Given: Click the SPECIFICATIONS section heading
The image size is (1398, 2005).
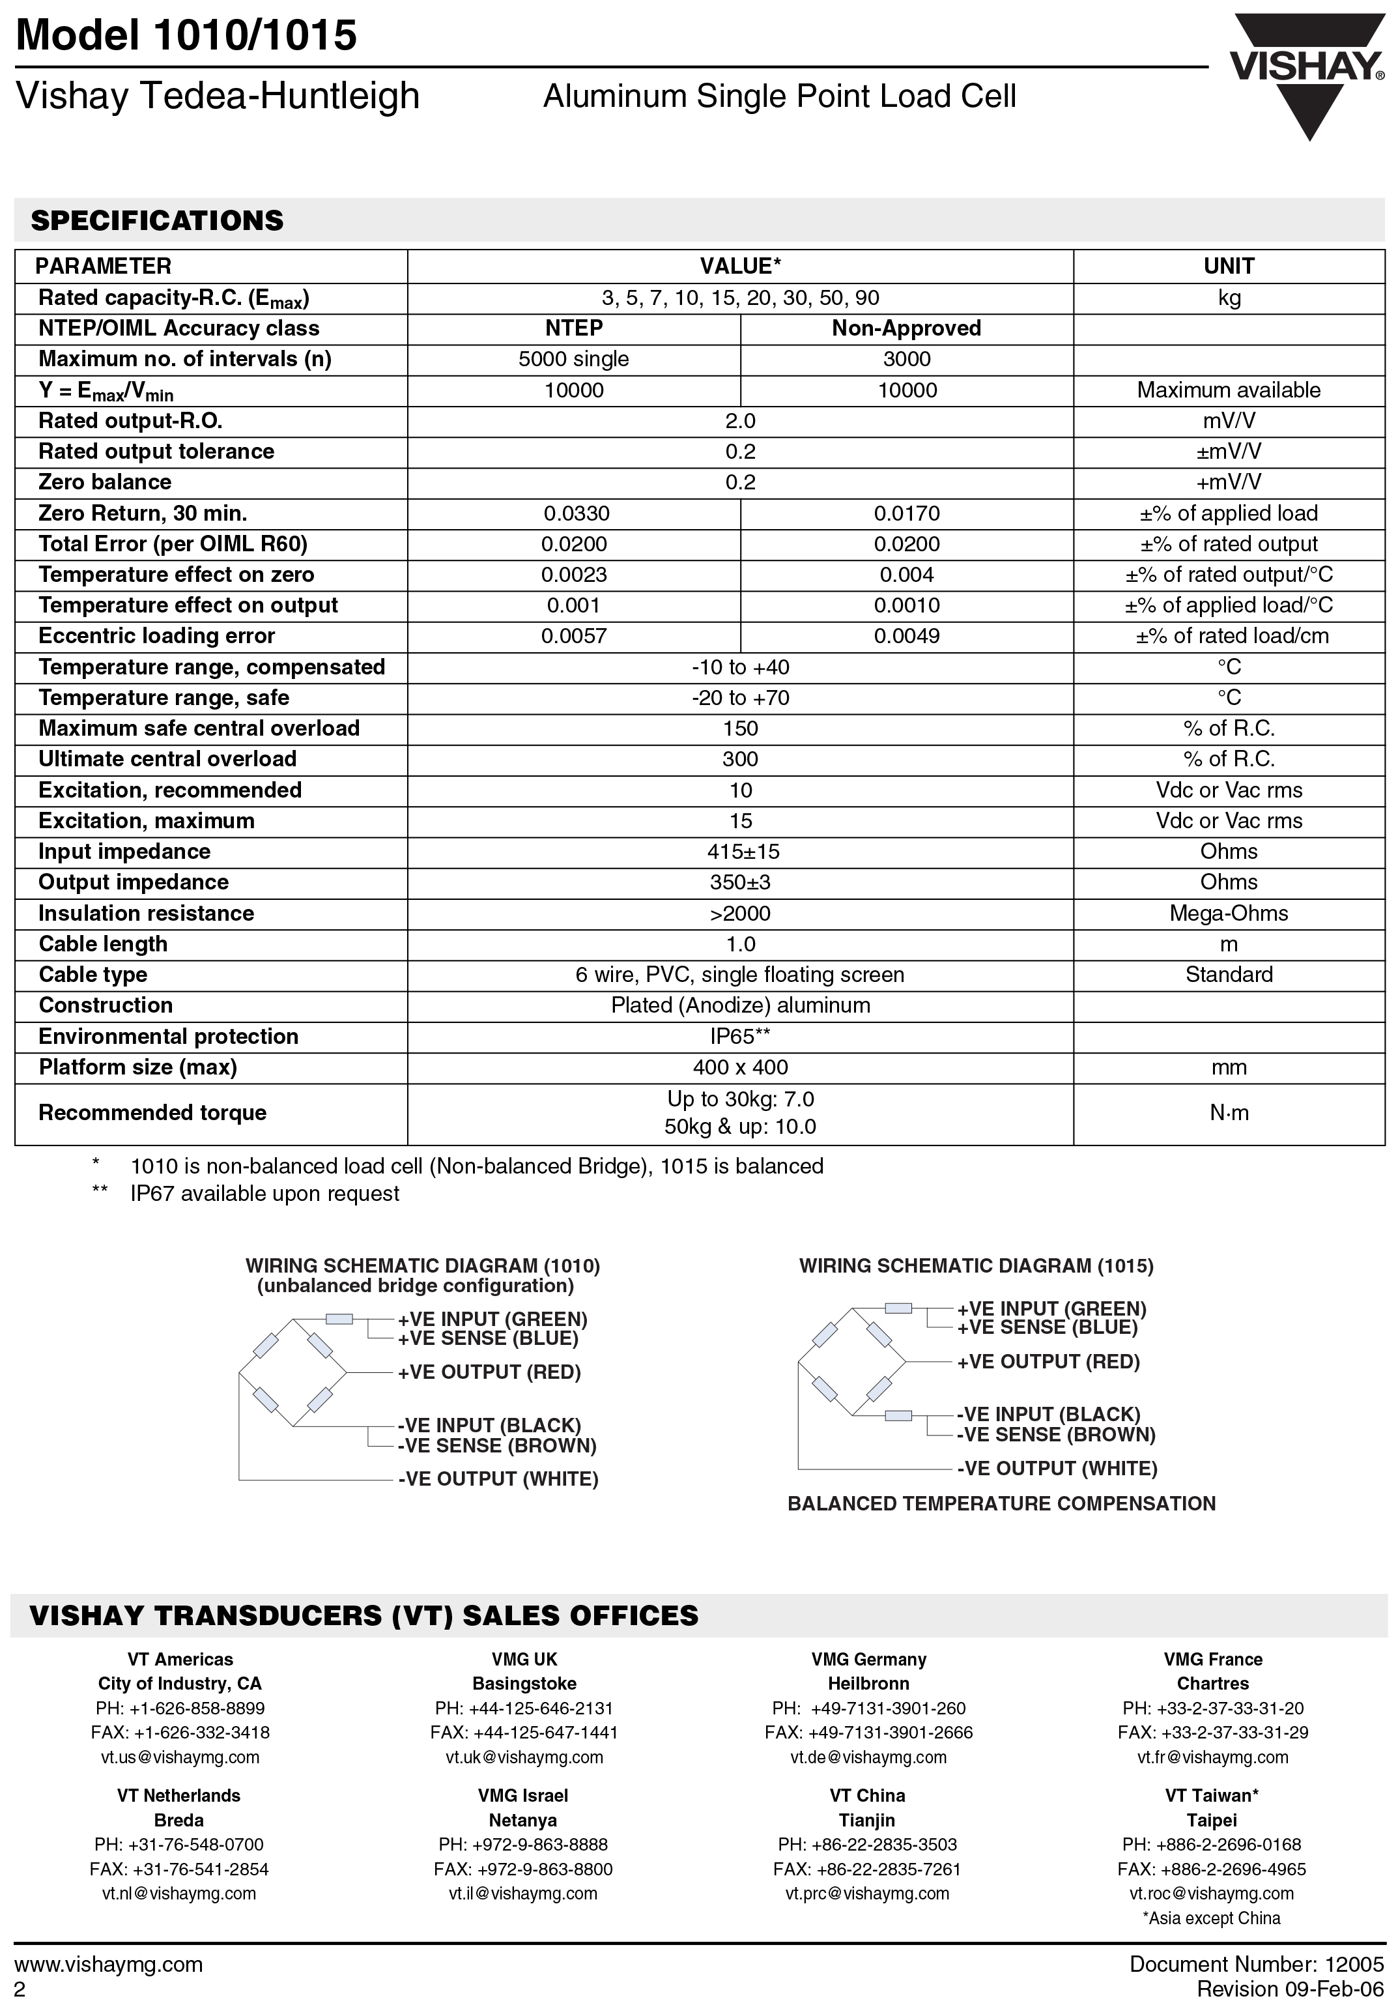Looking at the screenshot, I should pyautogui.click(x=157, y=220).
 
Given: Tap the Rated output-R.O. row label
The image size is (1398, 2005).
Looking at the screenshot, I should pyautogui.click(x=130, y=421).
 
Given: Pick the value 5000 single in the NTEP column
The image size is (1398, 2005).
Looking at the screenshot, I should pyautogui.click(x=574, y=359).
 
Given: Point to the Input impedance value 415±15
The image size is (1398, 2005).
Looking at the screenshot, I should pyautogui.click(x=741, y=852).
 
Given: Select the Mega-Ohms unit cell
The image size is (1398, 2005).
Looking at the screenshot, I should pyautogui.click(x=1229, y=914).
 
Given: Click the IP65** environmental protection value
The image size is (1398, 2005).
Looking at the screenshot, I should pyautogui.click(x=741, y=1037).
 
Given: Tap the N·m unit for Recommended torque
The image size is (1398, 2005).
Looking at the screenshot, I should pyautogui.click(x=1229, y=1112).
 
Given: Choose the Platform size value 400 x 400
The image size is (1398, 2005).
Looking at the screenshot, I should pyautogui.click(x=741, y=1067).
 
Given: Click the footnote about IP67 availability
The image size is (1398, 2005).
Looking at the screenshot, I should pyautogui.click(x=264, y=1194).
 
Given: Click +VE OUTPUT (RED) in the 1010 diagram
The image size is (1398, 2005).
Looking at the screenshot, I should pyautogui.click(x=489, y=1372).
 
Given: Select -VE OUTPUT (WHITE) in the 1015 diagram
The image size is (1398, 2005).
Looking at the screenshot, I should pyautogui.click(x=1057, y=1468).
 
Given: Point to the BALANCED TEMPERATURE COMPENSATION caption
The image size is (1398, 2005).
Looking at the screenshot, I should pyautogui.click(x=1001, y=1503).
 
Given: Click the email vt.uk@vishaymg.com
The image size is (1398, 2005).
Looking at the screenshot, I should pyautogui.click(x=524, y=1757).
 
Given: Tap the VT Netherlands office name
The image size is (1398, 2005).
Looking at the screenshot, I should pyautogui.click(x=179, y=1795).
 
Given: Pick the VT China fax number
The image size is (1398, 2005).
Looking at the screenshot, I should pyautogui.click(x=867, y=1869).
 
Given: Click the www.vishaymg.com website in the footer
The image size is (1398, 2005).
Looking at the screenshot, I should pyautogui.click(x=109, y=1964).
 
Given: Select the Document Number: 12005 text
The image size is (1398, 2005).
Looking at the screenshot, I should pyautogui.click(x=1257, y=1964).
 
